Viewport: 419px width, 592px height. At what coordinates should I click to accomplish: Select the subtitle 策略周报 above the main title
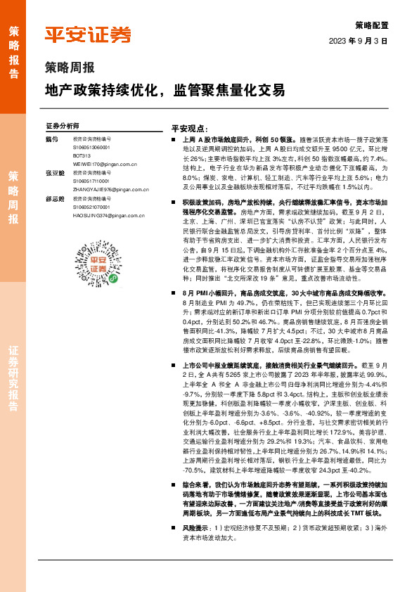[x=70, y=68]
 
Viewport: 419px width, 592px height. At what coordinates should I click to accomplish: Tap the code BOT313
[x=82, y=154]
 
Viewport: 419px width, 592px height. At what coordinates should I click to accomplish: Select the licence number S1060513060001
[x=91, y=147]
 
